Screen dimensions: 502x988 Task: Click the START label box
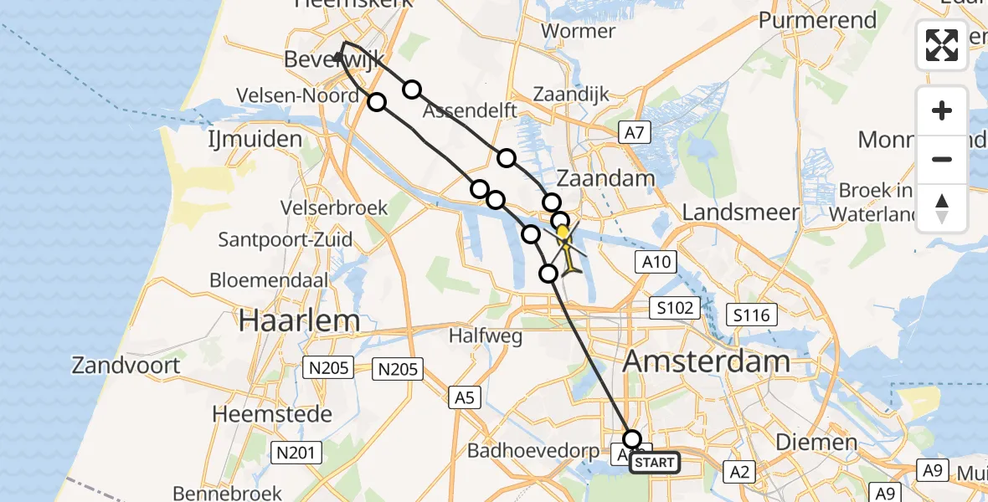(x=654, y=462)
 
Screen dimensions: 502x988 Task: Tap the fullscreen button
(x=942, y=45)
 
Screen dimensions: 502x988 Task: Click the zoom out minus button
(x=942, y=159)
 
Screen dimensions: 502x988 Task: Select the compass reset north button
(x=942, y=207)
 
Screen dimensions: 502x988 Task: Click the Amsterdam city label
(x=707, y=361)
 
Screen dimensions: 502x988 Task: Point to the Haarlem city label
(x=299, y=320)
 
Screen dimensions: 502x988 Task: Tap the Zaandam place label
(x=606, y=179)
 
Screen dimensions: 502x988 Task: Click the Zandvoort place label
(x=126, y=366)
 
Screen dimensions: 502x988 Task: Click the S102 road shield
(x=675, y=308)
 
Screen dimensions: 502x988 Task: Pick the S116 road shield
(x=751, y=315)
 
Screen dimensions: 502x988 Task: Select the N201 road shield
(x=297, y=453)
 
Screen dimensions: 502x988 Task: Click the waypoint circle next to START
(x=632, y=439)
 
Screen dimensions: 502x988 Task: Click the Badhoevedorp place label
(x=533, y=452)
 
